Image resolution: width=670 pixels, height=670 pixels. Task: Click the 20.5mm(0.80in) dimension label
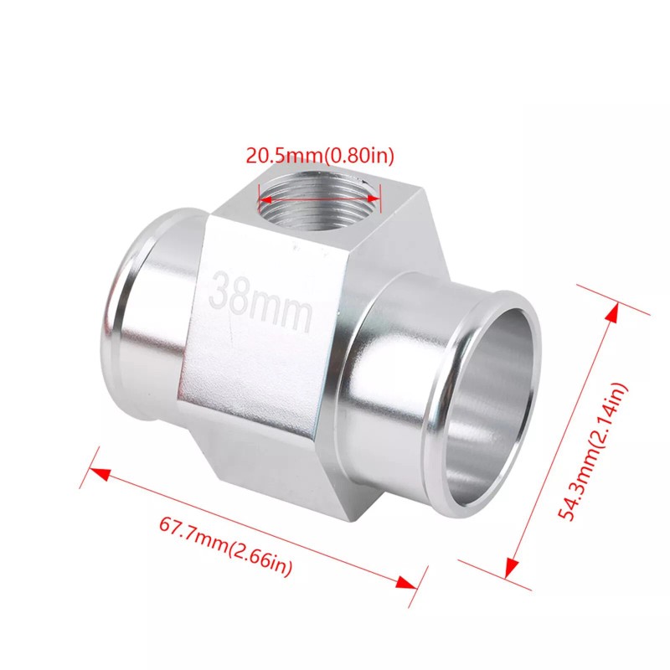320,156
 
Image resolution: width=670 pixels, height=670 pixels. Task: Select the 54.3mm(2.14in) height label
593,451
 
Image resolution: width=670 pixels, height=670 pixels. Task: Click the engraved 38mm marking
260,301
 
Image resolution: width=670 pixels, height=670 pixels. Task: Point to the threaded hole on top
318,200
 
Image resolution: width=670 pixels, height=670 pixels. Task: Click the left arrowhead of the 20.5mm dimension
265,199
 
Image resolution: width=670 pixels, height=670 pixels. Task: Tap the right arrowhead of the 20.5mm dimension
373,198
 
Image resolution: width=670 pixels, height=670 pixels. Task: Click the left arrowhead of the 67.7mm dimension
100,473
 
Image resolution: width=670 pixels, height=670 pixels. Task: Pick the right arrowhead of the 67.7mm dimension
406,583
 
